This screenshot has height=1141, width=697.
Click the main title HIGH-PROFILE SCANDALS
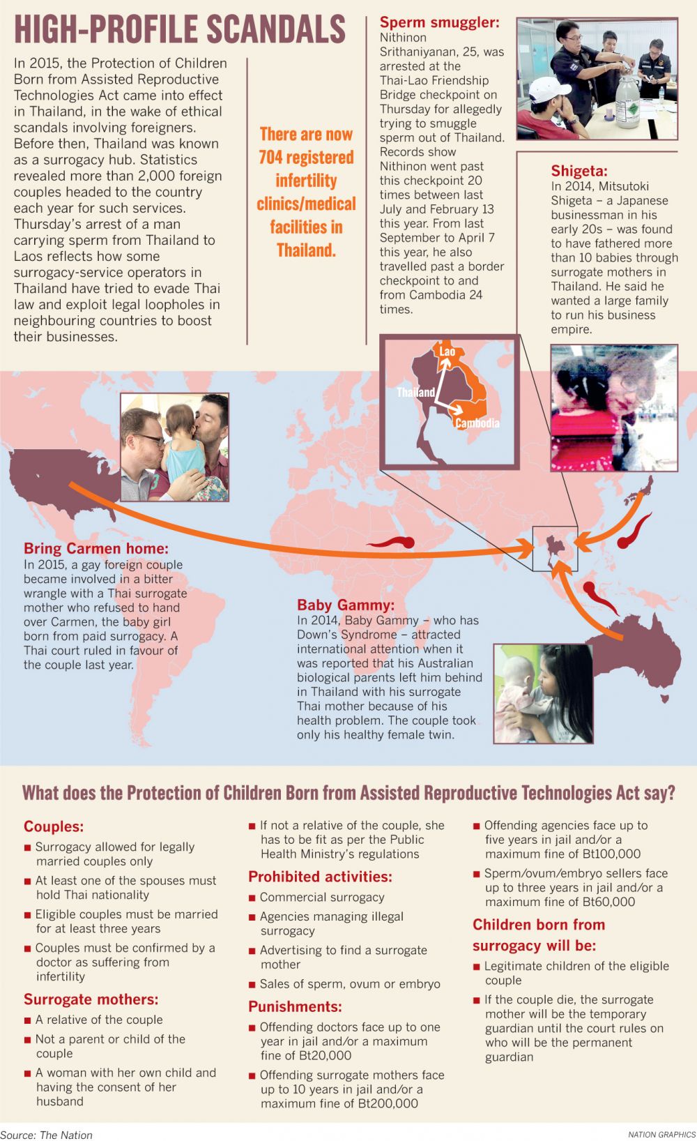(180, 29)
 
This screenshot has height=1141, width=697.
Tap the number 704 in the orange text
(271, 158)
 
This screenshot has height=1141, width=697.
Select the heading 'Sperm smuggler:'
(439, 22)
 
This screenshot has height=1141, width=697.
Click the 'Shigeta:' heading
(579, 171)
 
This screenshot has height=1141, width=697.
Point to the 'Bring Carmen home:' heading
(95, 548)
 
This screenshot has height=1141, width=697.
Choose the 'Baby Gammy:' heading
(345, 605)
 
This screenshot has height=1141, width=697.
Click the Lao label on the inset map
(447, 352)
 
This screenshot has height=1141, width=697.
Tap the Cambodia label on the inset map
(477, 423)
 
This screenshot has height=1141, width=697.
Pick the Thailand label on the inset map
(415, 392)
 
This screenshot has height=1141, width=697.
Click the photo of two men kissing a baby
(174, 447)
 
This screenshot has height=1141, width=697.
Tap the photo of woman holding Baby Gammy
(543, 693)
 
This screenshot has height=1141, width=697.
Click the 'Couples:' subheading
(54, 826)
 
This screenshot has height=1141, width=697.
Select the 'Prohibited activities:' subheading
(320, 877)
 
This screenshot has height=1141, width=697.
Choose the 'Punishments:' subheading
(295, 1006)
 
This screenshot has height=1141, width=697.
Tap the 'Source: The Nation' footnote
(46, 1135)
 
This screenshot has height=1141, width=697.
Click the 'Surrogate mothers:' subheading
(91, 999)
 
